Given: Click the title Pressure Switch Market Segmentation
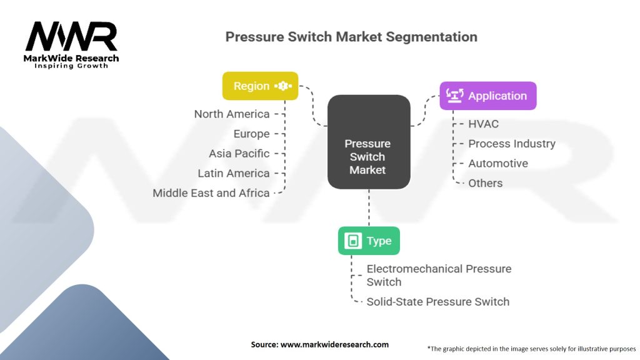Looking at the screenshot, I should pyautogui.click(x=351, y=36).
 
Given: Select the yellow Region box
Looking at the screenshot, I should pyautogui.click(x=260, y=86).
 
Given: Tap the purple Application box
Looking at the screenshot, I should pyautogui.click(x=487, y=96).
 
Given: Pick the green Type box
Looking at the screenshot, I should pyautogui.click(x=369, y=241).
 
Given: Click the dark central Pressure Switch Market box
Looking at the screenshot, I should pyautogui.click(x=368, y=156).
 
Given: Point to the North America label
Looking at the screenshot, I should pyautogui.click(x=232, y=114).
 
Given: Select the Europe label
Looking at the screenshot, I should pyautogui.click(x=251, y=134).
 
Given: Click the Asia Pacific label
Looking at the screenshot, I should pyautogui.click(x=239, y=153).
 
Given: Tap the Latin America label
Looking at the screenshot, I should pyautogui.click(x=234, y=173).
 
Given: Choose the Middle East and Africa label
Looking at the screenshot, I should pyautogui.click(x=211, y=193).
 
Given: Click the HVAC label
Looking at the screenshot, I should pyautogui.click(x=484, y=124).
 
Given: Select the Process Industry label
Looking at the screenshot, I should pyautogui.click(x=511, y=144).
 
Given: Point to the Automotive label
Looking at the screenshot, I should pyautogui.click(x=497, y=163).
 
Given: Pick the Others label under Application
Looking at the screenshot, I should pyautogui.click(x=485, y=183).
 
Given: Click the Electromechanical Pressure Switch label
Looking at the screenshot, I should pyautogui.click(x=439, y=275).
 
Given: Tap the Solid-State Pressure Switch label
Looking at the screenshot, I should pyautogui.click(x=437, y=301).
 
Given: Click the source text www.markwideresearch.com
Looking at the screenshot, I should pyautogui.click(x=319, y=344).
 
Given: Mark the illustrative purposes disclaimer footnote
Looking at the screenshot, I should pyautogui.click(x=531, y=348).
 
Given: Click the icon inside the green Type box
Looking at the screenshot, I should pyautogui.click(x=352, y=241).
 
